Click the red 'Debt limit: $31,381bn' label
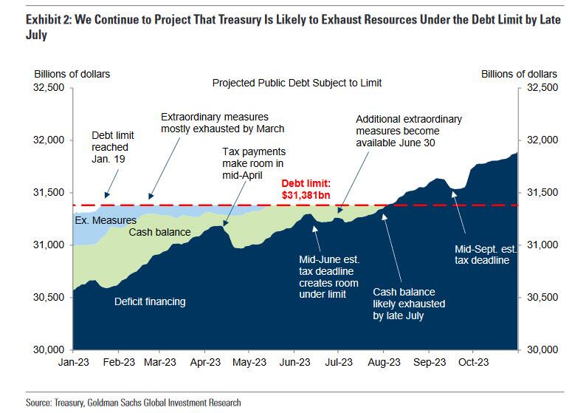click(309, 188)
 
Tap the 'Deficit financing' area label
click(150, 301)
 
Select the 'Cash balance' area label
click(159, 232)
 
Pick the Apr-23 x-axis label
click(205, 363)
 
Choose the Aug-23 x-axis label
click(384, 363)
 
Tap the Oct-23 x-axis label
click(472, 363)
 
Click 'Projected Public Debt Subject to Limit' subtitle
click(297, 83)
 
